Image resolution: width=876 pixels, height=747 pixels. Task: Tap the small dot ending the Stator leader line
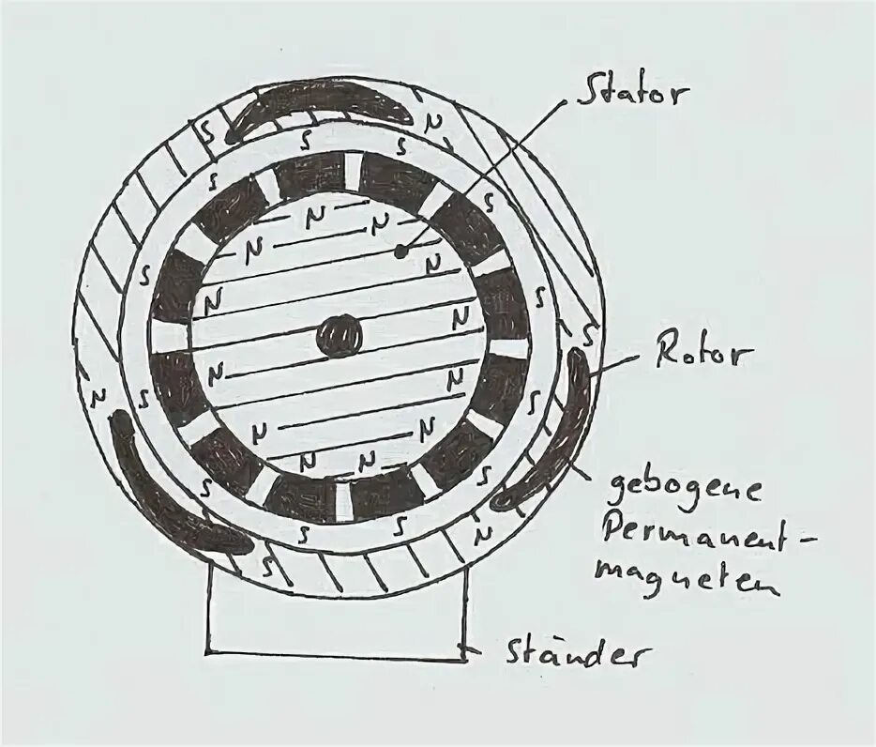coord(401,252)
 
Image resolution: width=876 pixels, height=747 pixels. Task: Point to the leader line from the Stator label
coord(488,174)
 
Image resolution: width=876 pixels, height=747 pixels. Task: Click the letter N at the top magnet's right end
coord(432,121)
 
